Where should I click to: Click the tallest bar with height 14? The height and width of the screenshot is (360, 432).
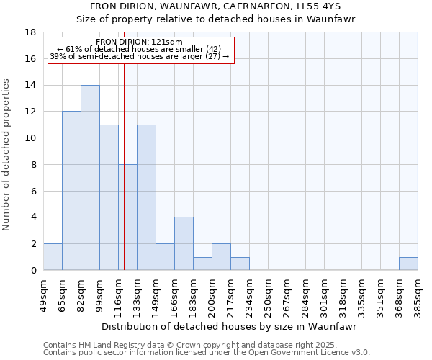tap(90, 178)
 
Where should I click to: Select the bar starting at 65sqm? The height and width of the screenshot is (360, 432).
tap(71, 191)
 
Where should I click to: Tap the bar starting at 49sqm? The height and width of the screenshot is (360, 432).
tap(53, 257)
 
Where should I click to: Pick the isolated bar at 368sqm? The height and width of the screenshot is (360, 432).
tap(408, 264)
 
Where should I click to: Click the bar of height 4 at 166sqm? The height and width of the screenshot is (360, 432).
tap(184, 243)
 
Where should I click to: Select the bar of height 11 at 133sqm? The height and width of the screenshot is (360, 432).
tap(146, 197)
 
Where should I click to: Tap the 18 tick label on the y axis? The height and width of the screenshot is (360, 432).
tap(30, 32)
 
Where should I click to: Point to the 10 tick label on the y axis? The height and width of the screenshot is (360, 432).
tap(30, 138)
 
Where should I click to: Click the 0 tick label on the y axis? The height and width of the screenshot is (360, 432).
tap(33, 270)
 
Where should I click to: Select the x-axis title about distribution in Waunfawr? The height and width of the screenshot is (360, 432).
tap(230, 326)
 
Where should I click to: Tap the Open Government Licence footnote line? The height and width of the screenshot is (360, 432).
tap(207, 353)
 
